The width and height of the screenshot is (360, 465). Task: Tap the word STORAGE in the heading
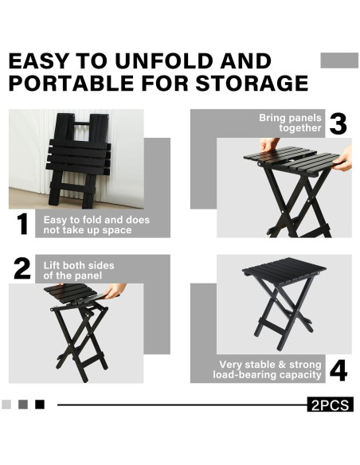tap(252, 83)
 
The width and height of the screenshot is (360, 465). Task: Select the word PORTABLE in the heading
tap(71, 83)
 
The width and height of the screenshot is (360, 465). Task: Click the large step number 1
tap(22, 224)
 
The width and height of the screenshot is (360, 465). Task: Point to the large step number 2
tap(22, 268)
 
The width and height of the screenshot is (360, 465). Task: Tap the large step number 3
tap(338, 123)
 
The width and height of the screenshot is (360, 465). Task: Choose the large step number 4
tap(338, 371)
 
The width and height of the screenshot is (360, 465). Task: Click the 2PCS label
tap(330, 404)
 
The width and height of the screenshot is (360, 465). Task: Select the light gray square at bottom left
tap(6, 404)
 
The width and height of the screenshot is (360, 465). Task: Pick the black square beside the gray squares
tap(40, 404)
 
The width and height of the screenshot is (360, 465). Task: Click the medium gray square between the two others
tap(23, 404)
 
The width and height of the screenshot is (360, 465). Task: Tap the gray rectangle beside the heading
tap(339, 61)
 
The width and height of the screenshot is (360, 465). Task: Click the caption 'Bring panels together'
tap(290, 123)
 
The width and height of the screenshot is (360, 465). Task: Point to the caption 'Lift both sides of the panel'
tap(79, 270)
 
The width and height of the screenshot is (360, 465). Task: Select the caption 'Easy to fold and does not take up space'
tap(96, 225)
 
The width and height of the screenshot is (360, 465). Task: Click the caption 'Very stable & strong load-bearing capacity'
tap(267, 369)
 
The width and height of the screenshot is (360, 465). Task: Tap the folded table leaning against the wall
tap(79, 160)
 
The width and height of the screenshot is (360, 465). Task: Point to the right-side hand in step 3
tap(343, 159)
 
